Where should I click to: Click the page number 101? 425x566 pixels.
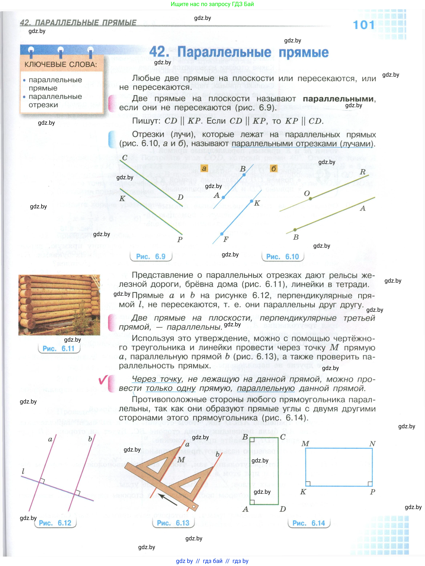[x=364, y=25]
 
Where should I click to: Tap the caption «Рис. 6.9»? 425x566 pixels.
[x=151, y=256]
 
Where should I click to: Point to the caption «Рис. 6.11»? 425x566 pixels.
[x=58, y=349]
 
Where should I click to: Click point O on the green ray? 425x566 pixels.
[x=310, y=199]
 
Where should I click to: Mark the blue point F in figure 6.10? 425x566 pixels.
[x=222, y=234]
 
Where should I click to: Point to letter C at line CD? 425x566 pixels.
[x=125, y=158]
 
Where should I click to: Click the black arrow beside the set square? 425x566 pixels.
[x=167, y=499]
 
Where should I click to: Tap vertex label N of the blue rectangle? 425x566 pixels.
[x=372, y=444]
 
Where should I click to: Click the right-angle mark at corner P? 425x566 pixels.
[x=370, y=483]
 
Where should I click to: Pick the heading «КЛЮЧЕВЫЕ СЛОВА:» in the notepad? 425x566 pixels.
[x=61, y=64]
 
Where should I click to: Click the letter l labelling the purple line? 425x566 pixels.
[x=23, y=471]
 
